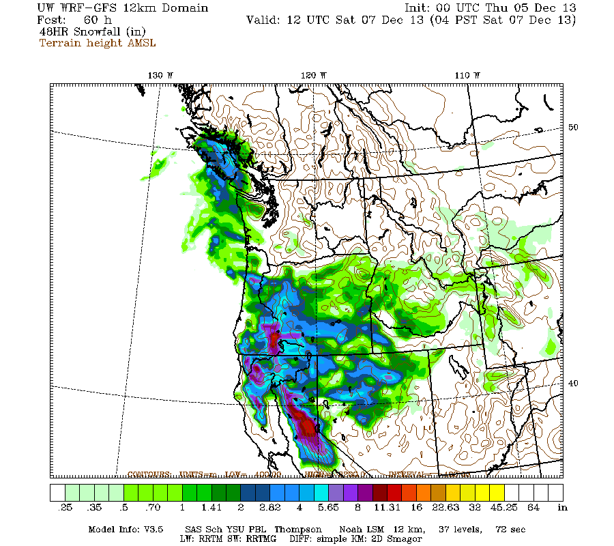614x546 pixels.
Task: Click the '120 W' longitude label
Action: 314,75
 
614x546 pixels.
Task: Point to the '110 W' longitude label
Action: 469,75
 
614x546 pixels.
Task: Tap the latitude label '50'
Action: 574,128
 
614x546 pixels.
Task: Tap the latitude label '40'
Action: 574,383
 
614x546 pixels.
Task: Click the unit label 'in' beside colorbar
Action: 562,508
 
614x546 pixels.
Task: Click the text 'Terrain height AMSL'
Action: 97,43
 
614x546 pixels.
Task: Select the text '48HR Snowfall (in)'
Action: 92,31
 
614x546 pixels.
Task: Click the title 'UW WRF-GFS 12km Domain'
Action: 113,8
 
